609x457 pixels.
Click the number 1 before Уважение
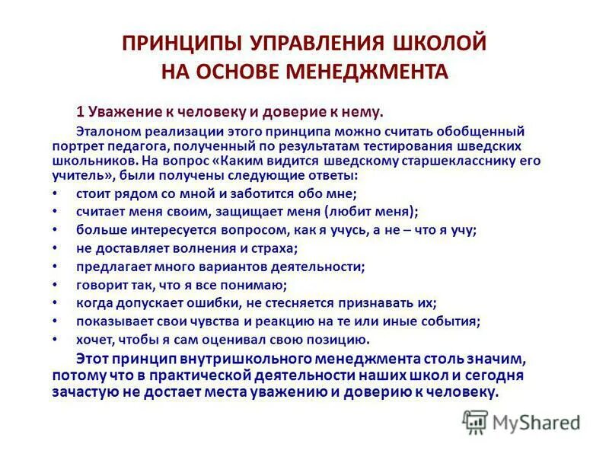78,112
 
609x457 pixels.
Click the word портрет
77,145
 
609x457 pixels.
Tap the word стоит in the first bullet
91,193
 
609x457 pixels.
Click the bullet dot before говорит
58,285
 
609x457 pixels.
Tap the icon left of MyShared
475,421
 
